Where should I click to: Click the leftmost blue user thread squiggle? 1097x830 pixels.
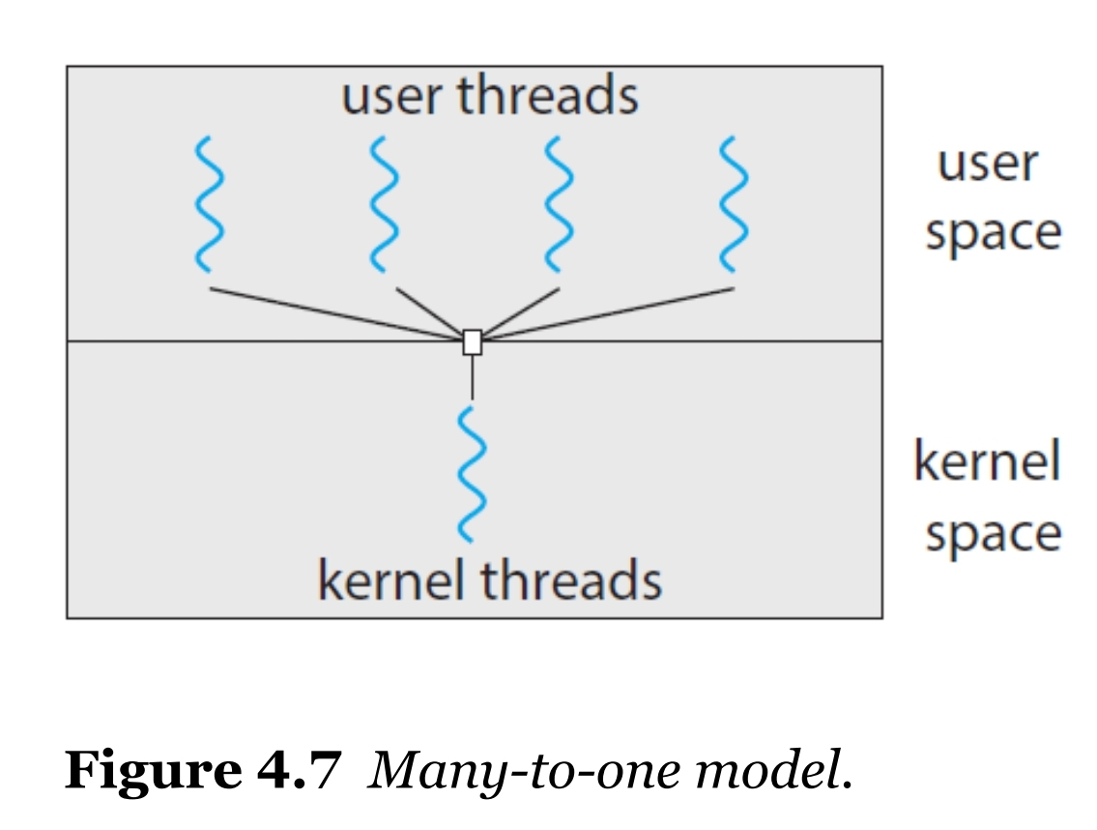coord(210,204)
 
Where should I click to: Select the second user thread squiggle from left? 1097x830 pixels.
coord(384,204)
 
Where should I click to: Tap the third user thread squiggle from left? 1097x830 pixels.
coord(559,204)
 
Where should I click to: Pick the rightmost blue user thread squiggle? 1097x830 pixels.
coord(734,204)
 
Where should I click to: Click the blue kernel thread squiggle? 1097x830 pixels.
coord(472,475)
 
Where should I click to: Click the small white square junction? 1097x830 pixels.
coord(473,342)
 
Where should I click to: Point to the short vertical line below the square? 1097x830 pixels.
coord(473,377)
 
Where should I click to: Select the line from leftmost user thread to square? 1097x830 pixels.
coord(336,313)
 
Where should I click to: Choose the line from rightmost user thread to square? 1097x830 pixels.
coord(608,313)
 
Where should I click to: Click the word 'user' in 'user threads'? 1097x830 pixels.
coord(391,97)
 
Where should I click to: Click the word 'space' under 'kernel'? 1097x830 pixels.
coord(994,535)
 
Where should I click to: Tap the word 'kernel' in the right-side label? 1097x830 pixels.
coord(987,460)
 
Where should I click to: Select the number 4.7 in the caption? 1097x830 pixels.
coord(299,770)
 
